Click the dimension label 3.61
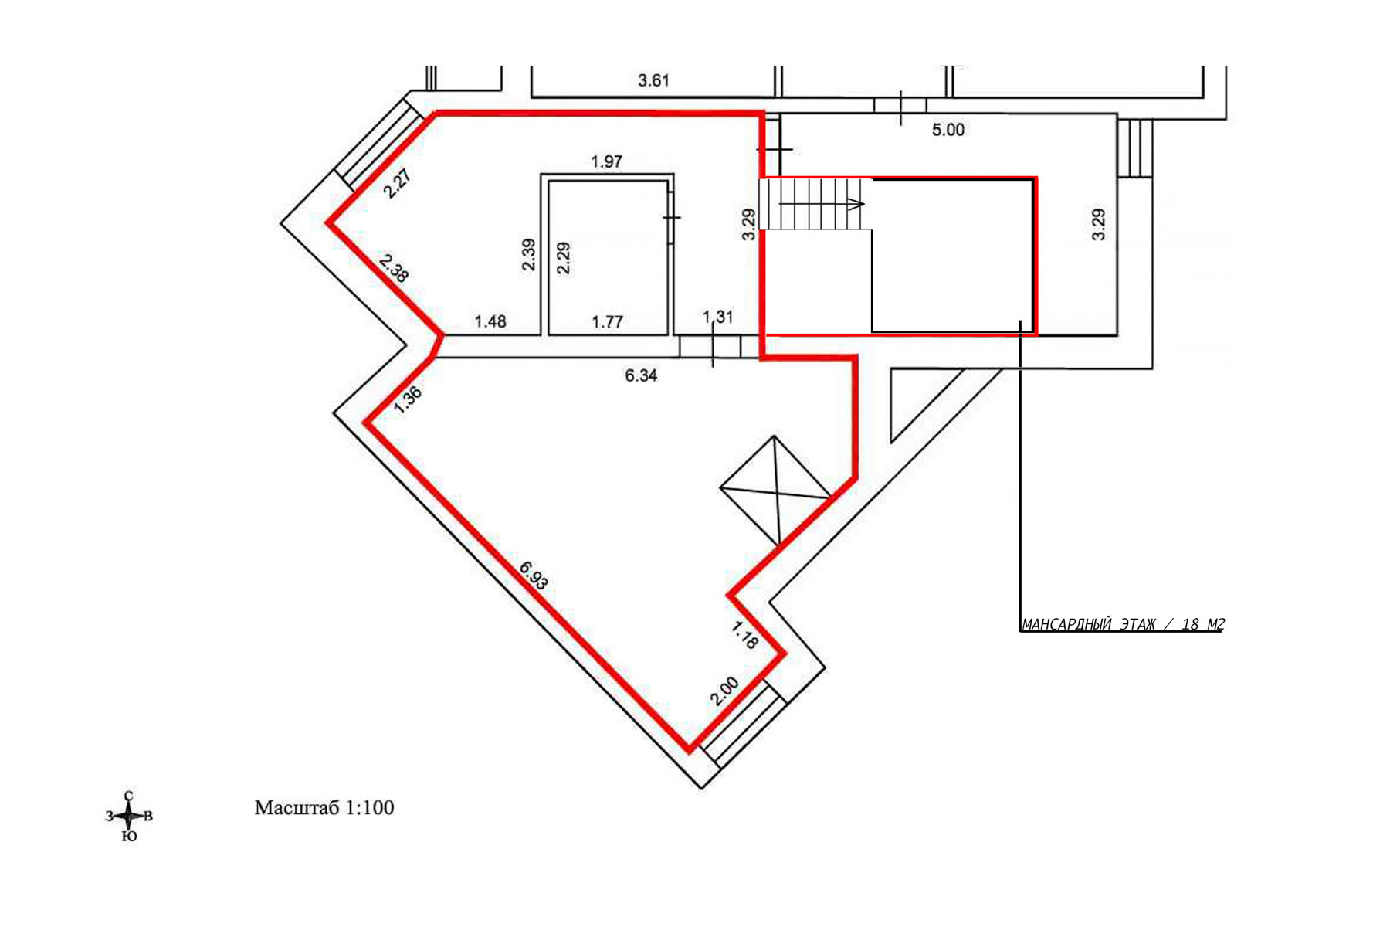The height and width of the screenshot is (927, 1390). pyautogui.click(x=653, y=80)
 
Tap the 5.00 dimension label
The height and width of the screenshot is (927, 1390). pyautogui.click(x=948, y=130)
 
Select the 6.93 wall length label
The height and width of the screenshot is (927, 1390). pyautogui.click(x=534, y=576)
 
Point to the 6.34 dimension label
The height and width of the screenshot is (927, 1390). pyautogui.click(x=641, y=375)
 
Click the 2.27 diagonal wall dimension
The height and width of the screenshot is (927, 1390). pyautogui.click(x=398, y=184)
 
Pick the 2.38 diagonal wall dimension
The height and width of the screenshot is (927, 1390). pyautogui.click(x=395, y=267)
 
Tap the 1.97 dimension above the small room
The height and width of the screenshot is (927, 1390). pyautogui.click(x=606, y=161)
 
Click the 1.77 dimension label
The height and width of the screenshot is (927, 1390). pyautogui.click(x=607, y=321)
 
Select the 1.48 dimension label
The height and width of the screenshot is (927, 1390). pyautogui.click(x=490, y=321)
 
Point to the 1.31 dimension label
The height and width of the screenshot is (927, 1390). pyautogui.click(x=717, y=317)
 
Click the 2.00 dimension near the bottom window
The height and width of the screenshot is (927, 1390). pyautogui.click(x=725, y=691)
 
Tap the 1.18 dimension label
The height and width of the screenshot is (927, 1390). pyautogui.click(x=744, y=636)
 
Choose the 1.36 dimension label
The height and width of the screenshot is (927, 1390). pyautogui.click(x=408, y=400)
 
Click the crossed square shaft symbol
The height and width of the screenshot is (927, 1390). pyautogui.click(x=775, y=490)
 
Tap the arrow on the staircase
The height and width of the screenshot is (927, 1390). pyautogui.click(x=822, y=204)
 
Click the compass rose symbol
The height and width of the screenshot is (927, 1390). pyautogui.click(x=129, y=816)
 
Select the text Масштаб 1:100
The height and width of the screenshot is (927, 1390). pyautogui.click(x=324, y=808)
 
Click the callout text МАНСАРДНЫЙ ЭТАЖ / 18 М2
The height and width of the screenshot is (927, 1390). pyautogui.click(x=1123, y=624)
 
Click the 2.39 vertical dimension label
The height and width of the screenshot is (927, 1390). pyautogui.click(x=529, y=254)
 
